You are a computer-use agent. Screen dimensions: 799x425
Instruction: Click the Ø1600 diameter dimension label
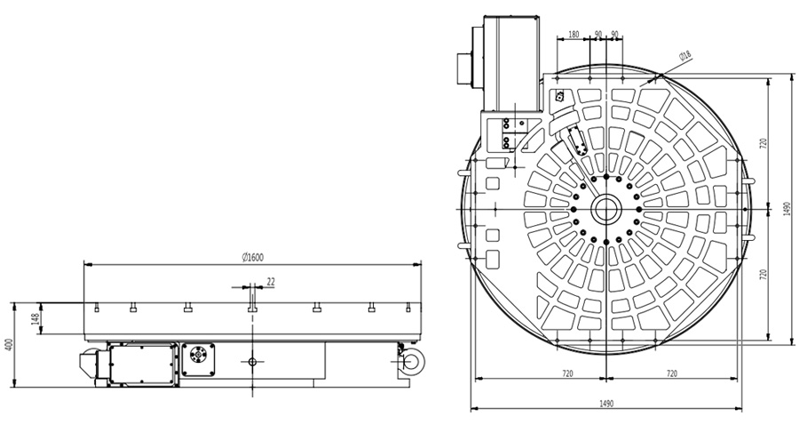tap(253, 257)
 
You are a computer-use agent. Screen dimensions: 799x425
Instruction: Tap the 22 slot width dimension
tap(271, 282)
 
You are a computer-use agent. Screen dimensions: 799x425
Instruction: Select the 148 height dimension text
tap(36, 319)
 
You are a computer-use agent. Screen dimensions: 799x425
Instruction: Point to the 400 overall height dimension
tap(8, 345)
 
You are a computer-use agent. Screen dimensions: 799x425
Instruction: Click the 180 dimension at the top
tap(574, 35)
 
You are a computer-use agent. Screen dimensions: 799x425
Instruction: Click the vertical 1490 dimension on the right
tap(787, 208)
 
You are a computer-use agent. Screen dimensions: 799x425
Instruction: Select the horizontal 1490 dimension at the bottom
tap(605, 404)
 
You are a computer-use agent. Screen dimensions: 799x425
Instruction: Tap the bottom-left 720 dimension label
tap(567, 373)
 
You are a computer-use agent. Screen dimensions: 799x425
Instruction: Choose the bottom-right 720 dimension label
tap(672, 373)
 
